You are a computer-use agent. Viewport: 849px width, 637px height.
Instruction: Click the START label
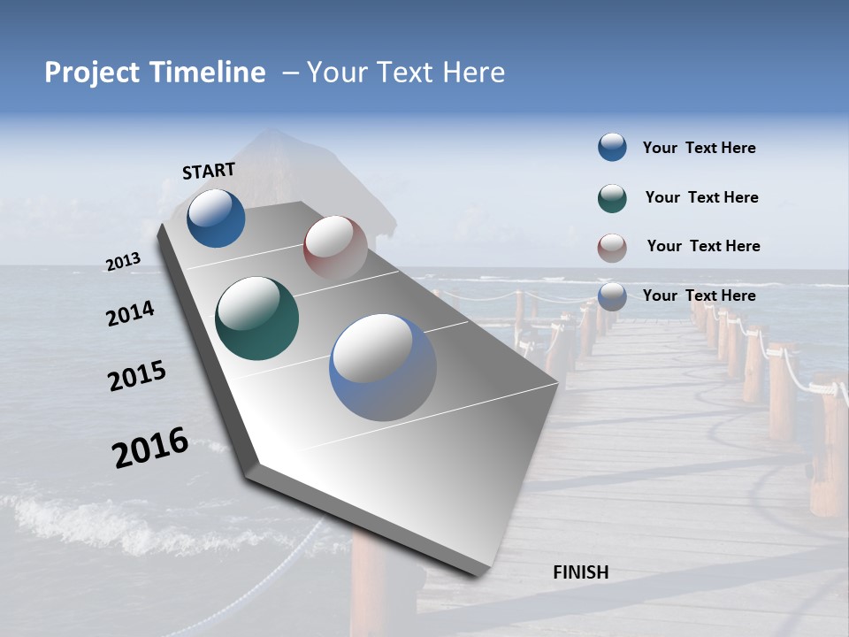pyautogui.click(x=209, y=171)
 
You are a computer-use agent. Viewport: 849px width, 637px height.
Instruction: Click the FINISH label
pyautogui.click(x=581, y=572)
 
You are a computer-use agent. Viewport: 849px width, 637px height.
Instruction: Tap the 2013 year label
pyautogui.click(x=123, y=262)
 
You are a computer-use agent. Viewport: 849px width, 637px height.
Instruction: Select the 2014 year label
pyautogui.click(x=130, y=314)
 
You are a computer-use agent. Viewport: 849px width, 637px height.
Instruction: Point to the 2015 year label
pyautogui.click(x=136, y=376)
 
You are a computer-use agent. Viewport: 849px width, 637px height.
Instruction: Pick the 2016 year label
pyautogui.click(x=150, y=448)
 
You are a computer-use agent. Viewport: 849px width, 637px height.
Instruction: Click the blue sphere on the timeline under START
pyautogui.click(x=216, y=218)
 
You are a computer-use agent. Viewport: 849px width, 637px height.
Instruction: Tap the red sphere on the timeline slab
pyautogui.click(x=335, y=248)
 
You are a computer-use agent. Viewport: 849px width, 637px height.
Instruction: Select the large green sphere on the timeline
pyautogui.click(x=256, y=318)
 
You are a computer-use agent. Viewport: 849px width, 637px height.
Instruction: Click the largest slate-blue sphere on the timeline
pyautogui.click(x=383, y=367)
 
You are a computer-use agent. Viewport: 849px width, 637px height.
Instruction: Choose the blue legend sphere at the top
pyautogui.click(x=612, y=147)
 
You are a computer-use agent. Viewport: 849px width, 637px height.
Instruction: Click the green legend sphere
pyautogui.click(x=612, y=198)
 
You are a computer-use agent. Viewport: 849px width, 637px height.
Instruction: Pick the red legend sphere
pyautogui.click(x=612, y=248)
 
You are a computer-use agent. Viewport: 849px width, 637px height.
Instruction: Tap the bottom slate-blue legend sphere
pyautogui.click(x=612, y=296)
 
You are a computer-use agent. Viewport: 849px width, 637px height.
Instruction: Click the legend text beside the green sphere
pyautogui.click(x=701, y=197)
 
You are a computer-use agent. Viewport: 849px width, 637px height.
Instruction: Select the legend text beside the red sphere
pyautogui.click(x=703, y=246)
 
